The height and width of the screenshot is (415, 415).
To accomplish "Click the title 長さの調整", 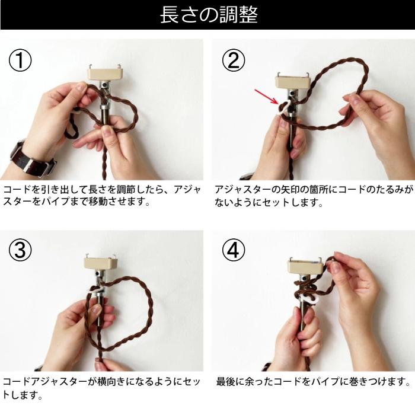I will [x=208, y=15].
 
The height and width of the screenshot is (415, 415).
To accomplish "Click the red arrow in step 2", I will [x=264, y=96].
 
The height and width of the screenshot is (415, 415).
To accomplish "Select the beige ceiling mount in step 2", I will [x=295, y=78].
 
